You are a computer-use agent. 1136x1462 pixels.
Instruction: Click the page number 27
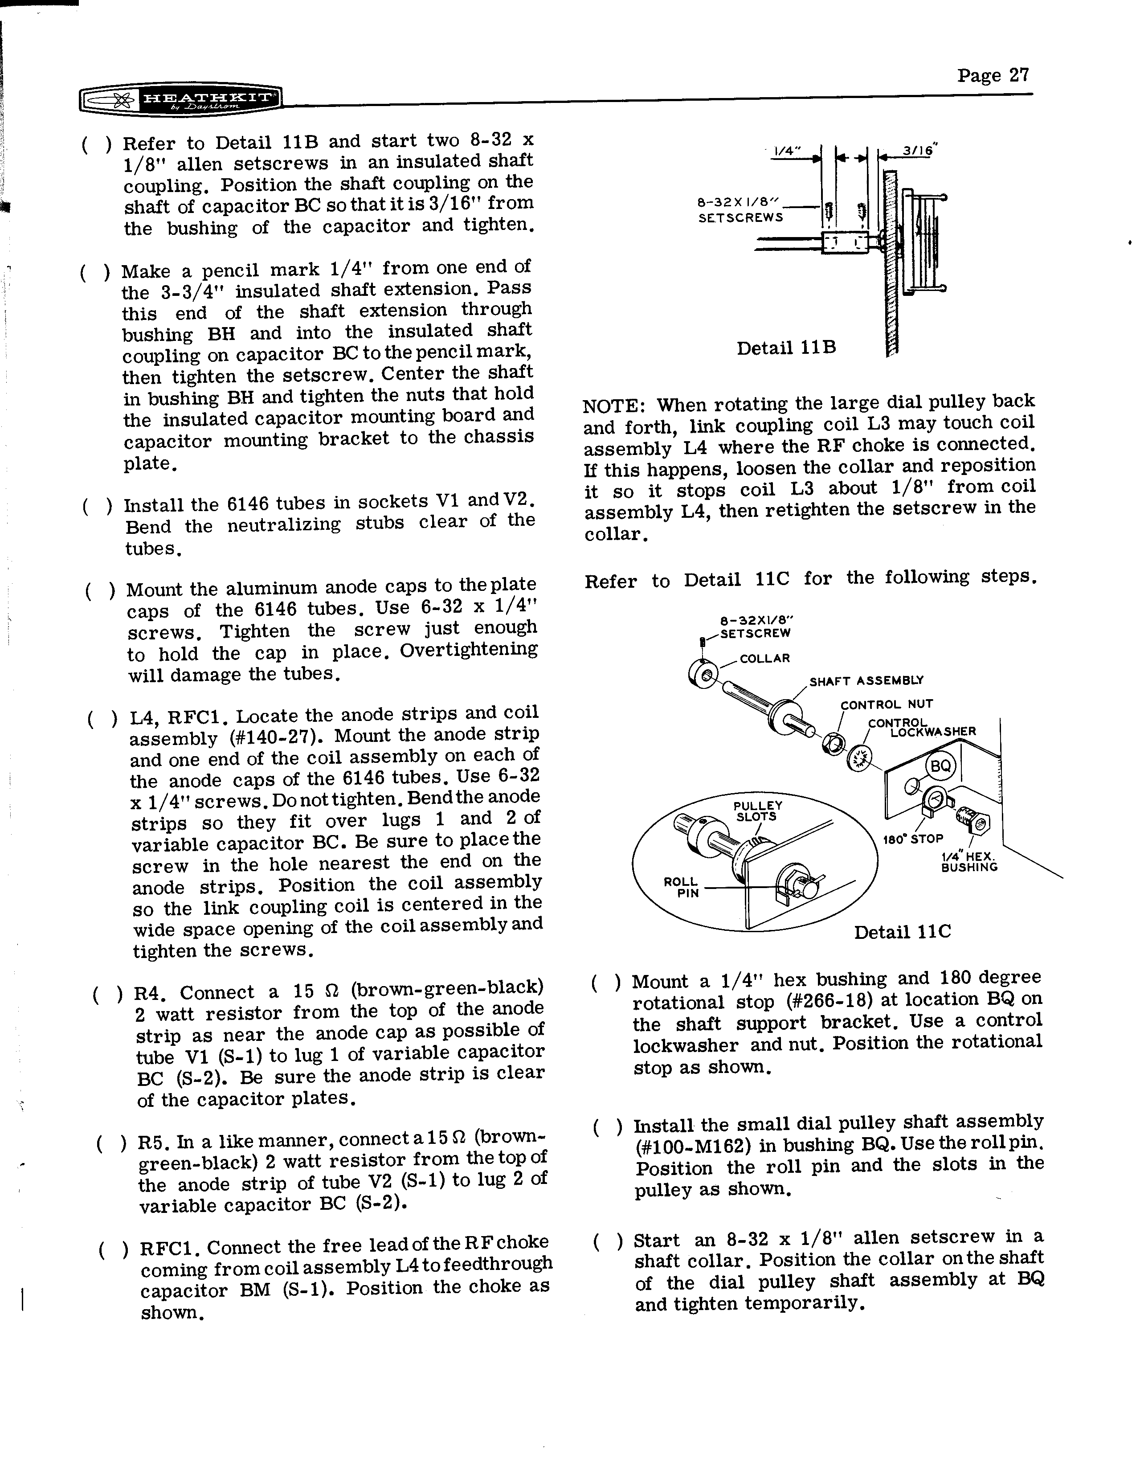pos(992,75)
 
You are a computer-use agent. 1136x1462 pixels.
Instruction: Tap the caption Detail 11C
pos(902,932)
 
